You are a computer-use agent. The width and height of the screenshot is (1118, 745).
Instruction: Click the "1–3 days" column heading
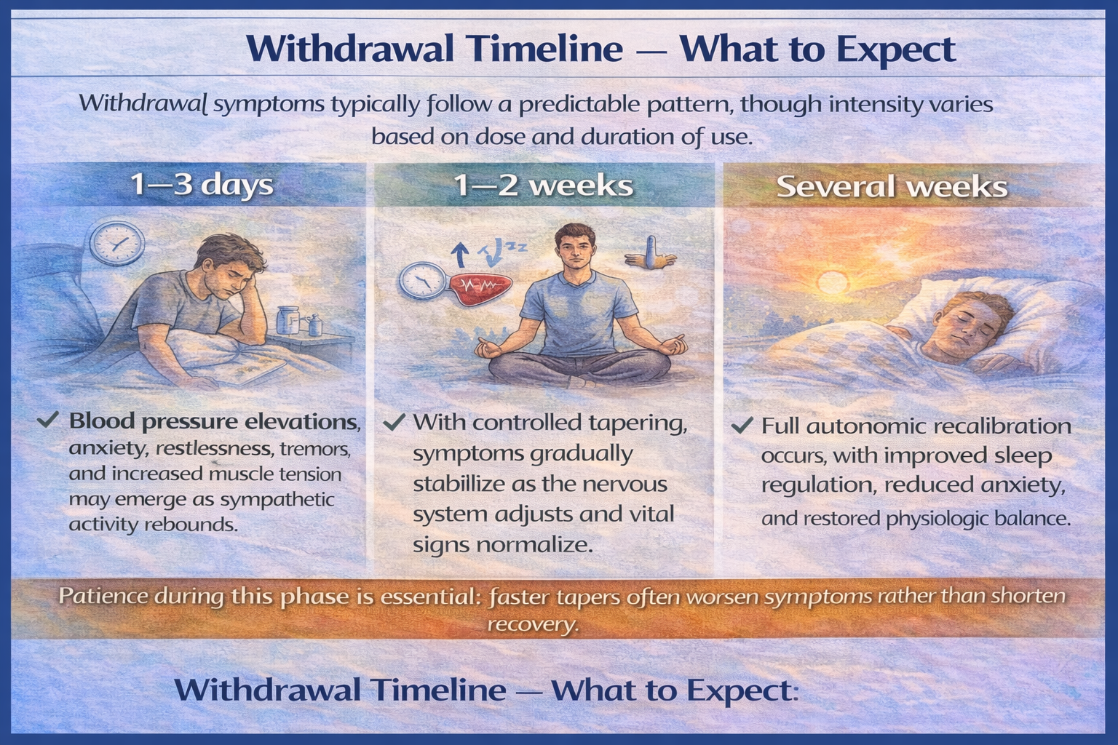pos(202,185)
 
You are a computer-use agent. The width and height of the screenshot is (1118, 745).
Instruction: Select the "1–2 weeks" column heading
pos(543,186)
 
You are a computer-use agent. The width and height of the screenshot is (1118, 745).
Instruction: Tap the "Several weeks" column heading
pos(892,187)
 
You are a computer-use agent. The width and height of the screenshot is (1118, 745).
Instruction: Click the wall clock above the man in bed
pos(117,243)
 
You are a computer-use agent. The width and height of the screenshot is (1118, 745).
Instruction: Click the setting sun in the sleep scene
pos(831,282)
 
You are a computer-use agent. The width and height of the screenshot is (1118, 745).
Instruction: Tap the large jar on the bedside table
pos(288,320)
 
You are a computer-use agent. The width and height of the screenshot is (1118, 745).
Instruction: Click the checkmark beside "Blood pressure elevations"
pos(48,421)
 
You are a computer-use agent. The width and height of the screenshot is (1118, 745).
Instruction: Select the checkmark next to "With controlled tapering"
pos(394,422)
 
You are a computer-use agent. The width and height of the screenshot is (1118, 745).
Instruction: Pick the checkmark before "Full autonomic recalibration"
pos(742,425)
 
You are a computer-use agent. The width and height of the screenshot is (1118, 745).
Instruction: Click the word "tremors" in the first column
pos(315,449)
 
